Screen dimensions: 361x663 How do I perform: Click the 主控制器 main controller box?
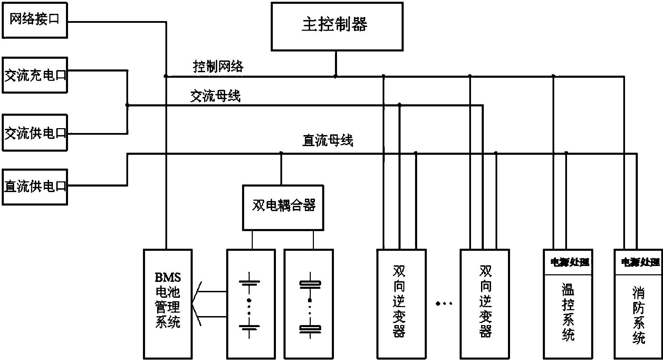[x=337, y=27]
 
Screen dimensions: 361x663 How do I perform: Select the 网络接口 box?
[x=35, y=20]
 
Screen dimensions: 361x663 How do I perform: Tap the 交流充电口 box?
[x=35, y=75]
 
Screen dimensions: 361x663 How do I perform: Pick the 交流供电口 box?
[x=35, y=133]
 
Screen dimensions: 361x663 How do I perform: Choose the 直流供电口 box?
[x=35, y=187]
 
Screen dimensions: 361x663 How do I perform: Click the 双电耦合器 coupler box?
[x=283, y=207]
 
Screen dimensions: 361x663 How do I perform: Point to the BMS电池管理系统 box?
[x=168, y=304]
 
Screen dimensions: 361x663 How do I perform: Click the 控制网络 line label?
[x=218, y=66]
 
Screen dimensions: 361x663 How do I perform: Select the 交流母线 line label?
[x=215, y=96]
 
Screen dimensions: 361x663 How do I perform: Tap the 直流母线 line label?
[x=327, y=141]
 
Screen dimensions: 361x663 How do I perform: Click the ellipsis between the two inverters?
[x=444, y=304]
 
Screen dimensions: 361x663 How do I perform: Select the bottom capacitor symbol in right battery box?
[x=310, y=329]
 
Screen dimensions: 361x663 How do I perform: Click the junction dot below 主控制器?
[x=335, y=76]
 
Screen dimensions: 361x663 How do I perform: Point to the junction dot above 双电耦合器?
[x=281, y=153]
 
